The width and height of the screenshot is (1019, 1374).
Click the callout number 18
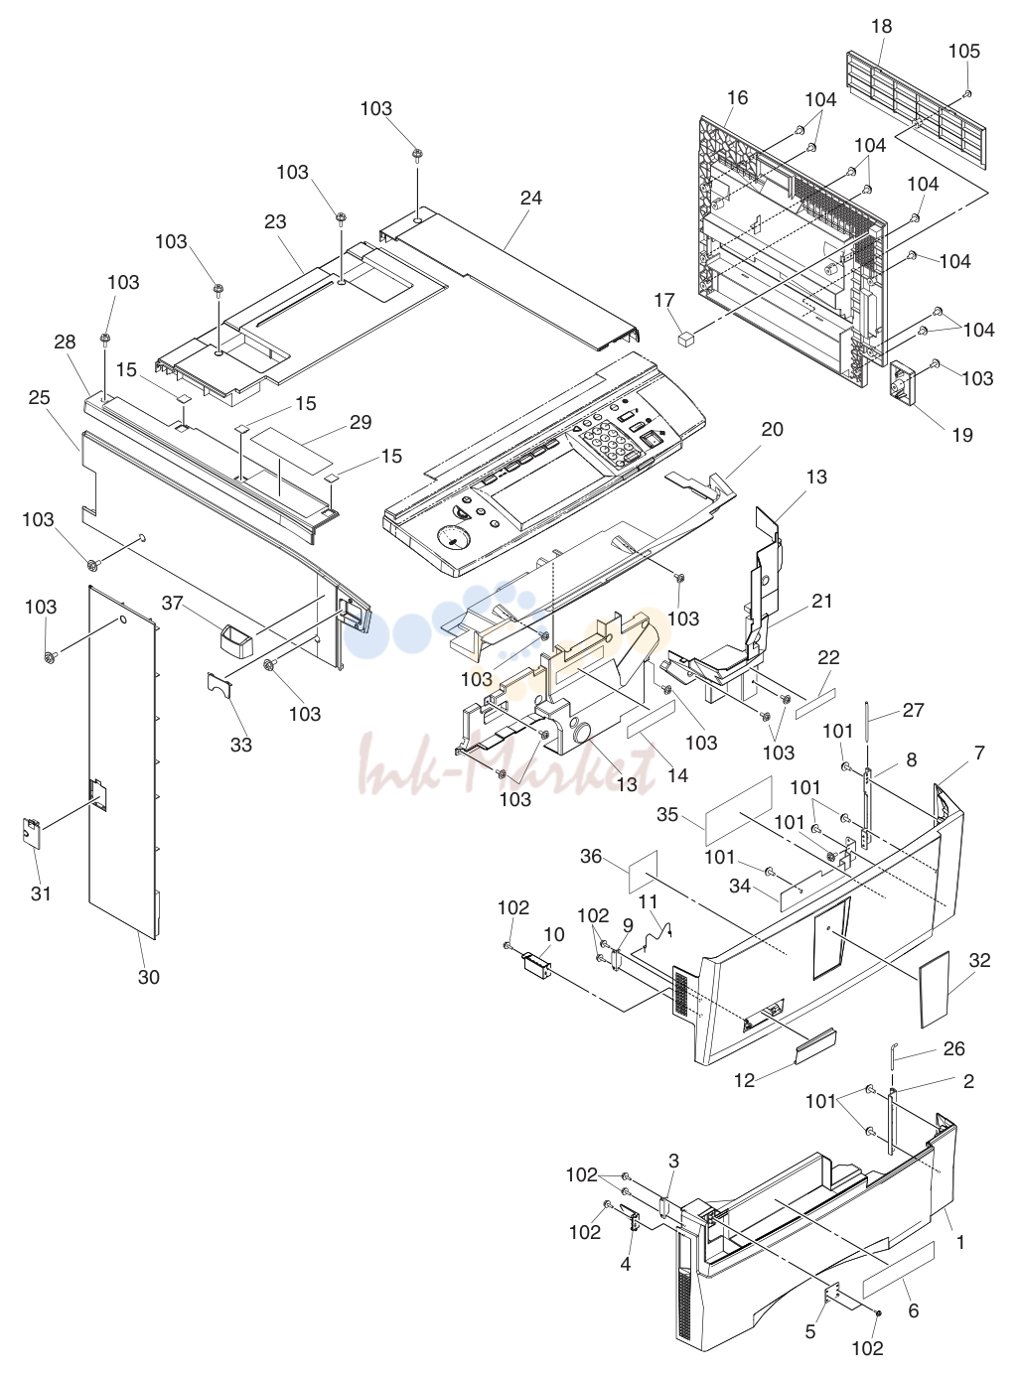click(881, 27)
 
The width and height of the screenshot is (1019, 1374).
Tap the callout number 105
click(963, 51)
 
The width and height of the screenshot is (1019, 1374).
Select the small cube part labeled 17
click(686, 339)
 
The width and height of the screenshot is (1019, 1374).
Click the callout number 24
click(530, 198)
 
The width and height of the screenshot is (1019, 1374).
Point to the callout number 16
click(737, 97)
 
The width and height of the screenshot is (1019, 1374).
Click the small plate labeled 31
click(31, 833)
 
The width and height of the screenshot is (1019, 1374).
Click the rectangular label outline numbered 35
click(739, 811)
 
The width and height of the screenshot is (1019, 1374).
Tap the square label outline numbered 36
click(643, 871)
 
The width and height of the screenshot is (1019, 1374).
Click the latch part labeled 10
click(537, 965)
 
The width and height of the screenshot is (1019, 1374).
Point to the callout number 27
click(913, 710)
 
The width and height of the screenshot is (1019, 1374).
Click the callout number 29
click(361, 422)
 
